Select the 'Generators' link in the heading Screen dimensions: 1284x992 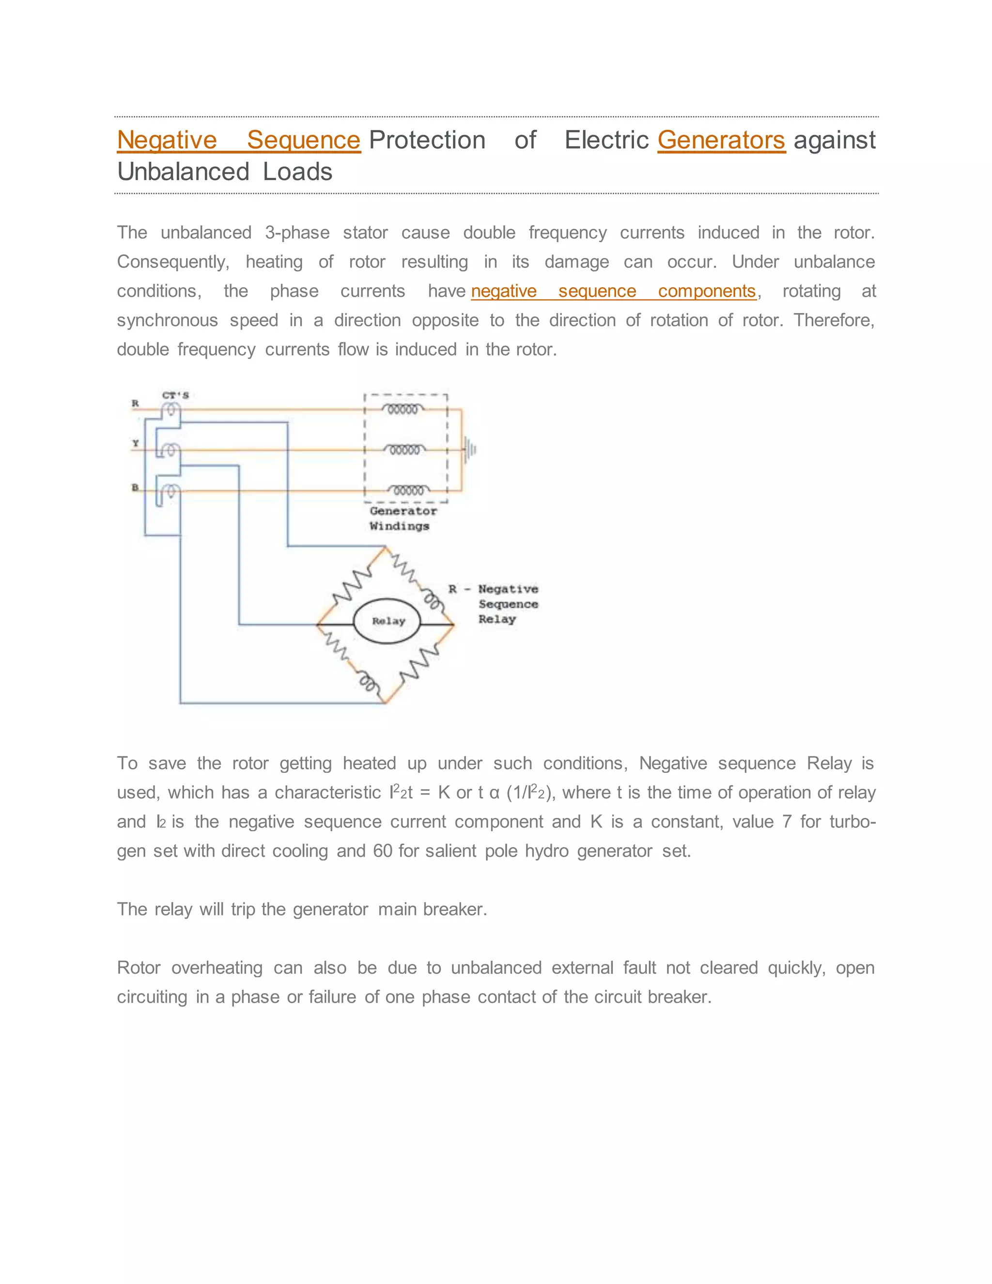click(721, 140)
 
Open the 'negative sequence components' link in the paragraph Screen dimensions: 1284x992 click(613, 291)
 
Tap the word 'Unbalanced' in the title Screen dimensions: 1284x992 click(184, 172)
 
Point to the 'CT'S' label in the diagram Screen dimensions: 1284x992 click(175, 395)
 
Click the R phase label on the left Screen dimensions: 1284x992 click(135, 403)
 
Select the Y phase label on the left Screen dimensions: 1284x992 click(135, 443)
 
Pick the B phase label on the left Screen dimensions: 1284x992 click(135, 487)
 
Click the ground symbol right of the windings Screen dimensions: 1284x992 click(470, 450)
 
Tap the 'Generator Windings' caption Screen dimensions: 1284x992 click(402, 518)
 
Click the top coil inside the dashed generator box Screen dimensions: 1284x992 click(403, 409)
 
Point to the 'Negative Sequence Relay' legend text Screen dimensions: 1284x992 click(507, 604)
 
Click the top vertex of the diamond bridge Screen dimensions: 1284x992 click(386, 548)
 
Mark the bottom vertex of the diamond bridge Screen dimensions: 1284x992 click(385, 702)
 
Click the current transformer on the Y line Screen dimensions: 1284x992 click(170, 450)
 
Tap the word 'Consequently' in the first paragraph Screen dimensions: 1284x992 click(172, 262)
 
